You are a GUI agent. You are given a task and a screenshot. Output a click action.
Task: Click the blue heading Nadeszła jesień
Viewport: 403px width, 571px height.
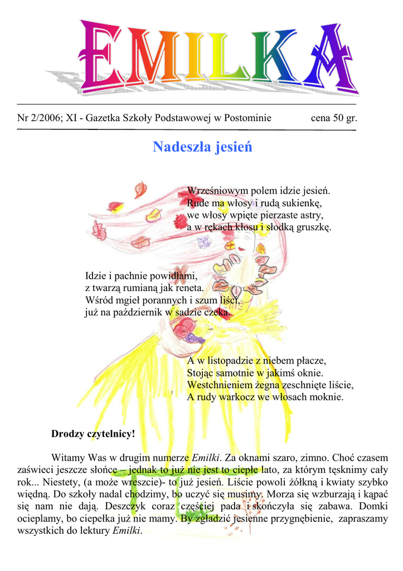202,147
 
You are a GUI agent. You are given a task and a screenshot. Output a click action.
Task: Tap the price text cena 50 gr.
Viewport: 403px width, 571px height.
333,118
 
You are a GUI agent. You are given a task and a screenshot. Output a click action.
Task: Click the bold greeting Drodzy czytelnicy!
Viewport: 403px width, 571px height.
93,433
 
